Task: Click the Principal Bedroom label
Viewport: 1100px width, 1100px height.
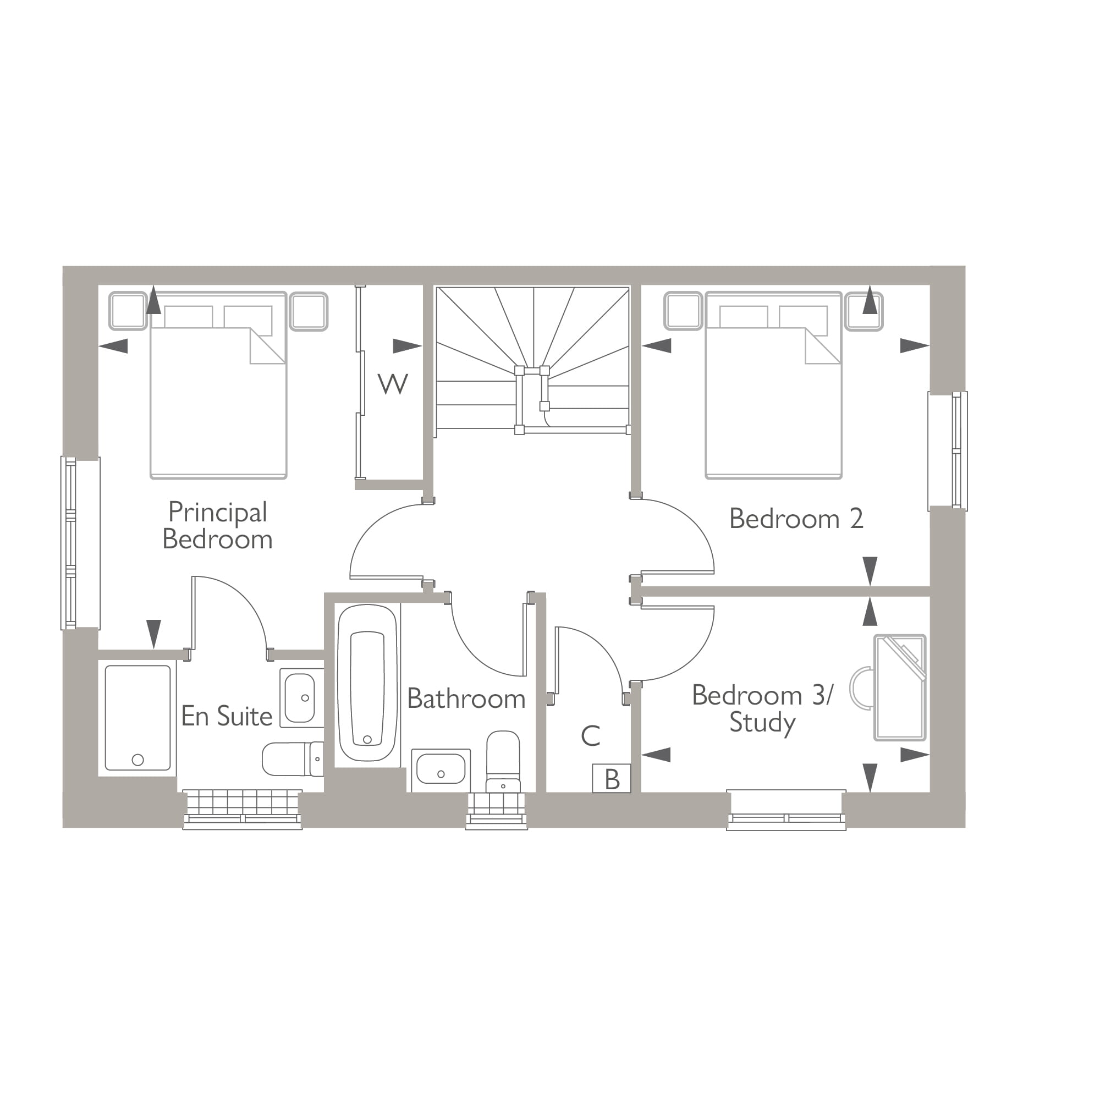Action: (217, 525)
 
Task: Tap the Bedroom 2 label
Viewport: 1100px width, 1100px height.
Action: (795, 519)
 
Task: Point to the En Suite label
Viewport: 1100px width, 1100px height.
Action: (227, 716)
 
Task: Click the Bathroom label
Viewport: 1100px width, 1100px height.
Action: (466, 698)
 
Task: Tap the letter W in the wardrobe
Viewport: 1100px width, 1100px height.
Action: (392, 384)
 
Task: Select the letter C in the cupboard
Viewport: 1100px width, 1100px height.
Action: (590, 735)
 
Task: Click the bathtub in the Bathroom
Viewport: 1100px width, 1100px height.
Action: (367, 683)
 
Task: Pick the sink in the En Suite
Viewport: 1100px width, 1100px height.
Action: (301, 697)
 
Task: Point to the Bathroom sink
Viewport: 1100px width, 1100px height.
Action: (441, 769)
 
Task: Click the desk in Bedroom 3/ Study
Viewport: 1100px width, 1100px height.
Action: (900, 688)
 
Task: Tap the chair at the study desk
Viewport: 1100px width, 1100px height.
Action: (860, 688)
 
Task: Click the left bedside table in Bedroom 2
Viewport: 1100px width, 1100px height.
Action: (683, 311)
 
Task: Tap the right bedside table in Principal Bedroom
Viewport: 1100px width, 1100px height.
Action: (308, 311)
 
